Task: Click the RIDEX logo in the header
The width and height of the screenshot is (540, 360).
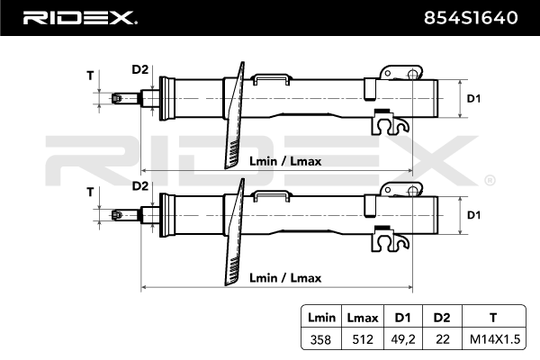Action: tap(78, 17)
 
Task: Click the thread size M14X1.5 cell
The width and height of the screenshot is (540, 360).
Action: tap(491, 340)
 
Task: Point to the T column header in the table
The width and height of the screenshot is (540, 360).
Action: tap(491, 318)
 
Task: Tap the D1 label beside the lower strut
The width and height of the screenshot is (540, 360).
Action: tap(473, 214)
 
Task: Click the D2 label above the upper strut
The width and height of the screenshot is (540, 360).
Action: tap(139, 68)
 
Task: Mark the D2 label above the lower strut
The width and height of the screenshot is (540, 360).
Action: tap(139, 185)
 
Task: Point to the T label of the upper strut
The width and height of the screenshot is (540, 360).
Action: tap(90, 76)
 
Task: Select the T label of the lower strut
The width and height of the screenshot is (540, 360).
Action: tap(90, 192)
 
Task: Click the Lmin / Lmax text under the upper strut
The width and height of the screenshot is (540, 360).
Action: tap(283, 161)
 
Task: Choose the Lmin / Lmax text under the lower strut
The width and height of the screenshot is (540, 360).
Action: tap(283, 278)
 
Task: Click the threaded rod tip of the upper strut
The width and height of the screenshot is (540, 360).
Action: tap(118, 98)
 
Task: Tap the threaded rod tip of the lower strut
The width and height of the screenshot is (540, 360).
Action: tap(118, 215)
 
